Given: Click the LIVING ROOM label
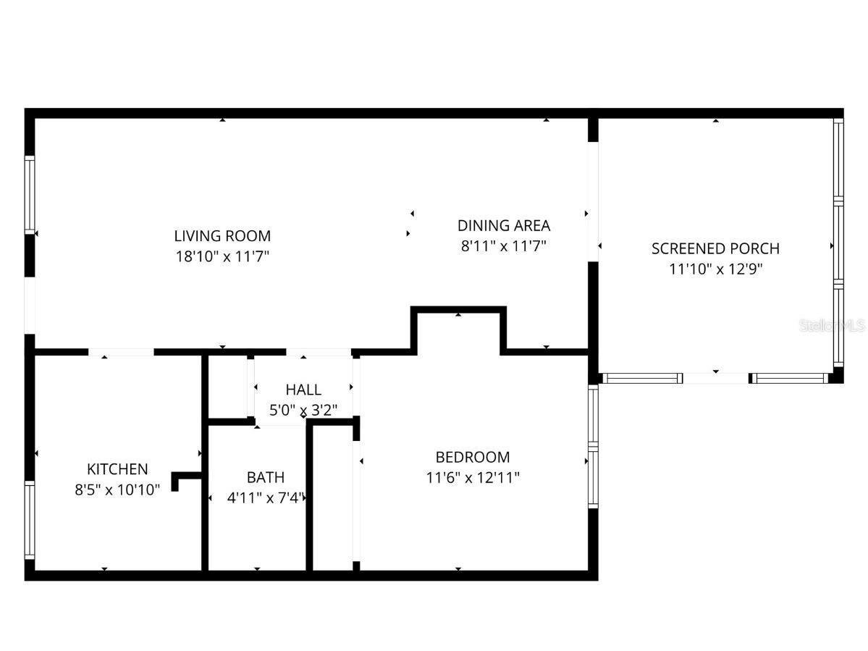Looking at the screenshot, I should click(222, 235).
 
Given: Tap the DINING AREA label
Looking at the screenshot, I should click(503, 225).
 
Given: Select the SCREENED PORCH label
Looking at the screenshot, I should click(715, 248).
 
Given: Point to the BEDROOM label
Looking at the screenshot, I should click(472, 457).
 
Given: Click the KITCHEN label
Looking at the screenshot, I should click(117, 469).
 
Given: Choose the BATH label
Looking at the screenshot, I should click(265, 477).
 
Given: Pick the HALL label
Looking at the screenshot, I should click(303, 390).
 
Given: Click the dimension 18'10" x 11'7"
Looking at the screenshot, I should click(222, 256).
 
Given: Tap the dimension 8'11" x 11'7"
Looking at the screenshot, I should click(503, 245).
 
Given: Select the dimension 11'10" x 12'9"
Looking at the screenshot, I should click(715, 269).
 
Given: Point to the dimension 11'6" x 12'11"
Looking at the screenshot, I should click(472, 477).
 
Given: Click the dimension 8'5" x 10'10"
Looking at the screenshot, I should click(117, 490).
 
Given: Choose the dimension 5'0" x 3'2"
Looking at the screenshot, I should click(303, 410).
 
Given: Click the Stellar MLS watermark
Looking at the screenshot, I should click(833, 326).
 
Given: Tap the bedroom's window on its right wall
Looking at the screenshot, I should click(593, 445).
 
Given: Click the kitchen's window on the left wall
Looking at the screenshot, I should click(30, 520).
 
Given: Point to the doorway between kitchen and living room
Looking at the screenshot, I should click(121, 352).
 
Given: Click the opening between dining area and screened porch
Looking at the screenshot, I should click(593, 201).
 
